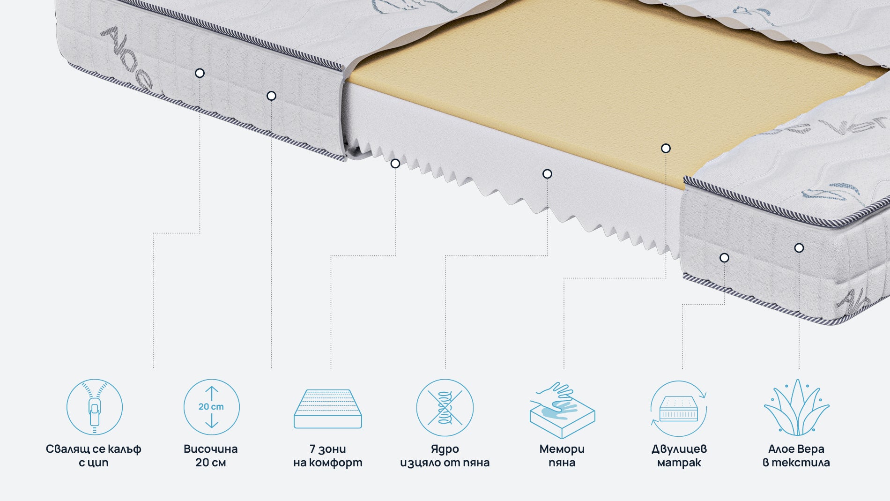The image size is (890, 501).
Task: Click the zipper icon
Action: point(94,407)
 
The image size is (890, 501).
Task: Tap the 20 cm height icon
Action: point(211,407)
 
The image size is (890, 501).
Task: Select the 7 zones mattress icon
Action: point(328,408)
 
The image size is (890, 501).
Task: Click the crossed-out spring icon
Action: point(445,407)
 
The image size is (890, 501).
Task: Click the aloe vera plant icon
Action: point(796,407)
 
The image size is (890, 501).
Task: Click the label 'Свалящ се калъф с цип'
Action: point(94,456)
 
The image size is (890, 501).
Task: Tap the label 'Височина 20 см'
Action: point(211,456)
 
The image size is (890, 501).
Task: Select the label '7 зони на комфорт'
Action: point(328,456)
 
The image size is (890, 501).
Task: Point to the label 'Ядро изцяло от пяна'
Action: point(445,456)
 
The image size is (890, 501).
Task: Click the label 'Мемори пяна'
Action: point(562,456)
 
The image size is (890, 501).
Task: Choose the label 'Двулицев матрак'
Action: point(679,456)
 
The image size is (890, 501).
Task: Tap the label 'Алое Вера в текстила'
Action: point(796,456)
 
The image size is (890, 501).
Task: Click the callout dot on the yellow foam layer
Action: point(666,149)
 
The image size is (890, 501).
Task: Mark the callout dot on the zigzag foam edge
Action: point(395,164)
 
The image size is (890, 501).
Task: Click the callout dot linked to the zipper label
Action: point(200,73)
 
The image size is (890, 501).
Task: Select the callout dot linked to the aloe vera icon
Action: point(799,248)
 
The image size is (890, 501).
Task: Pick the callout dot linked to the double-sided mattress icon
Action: point(724,258)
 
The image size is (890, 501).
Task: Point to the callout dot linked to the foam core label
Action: point(547,174)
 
